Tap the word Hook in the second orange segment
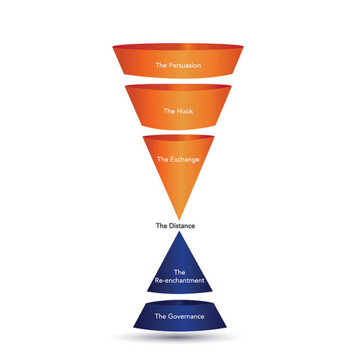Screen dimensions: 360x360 tap(184, 111)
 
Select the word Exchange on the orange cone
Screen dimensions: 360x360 tap(185, 160)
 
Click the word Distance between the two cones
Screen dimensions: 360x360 tap(182, 226)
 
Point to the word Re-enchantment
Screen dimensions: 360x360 tap(179, 280)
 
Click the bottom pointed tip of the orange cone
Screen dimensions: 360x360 tap(179, 220)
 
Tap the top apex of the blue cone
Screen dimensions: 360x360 tap(179, 232)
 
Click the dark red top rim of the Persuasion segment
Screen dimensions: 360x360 tap(178, 46)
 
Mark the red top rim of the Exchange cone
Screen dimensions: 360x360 tap(179, 138)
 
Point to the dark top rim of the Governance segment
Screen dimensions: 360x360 tap(179, 303)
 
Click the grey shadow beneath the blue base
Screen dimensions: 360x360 tap(178, 337)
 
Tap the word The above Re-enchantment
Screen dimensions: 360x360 tap(179, 272)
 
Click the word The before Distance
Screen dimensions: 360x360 tap(161, 226)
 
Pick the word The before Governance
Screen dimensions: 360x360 tap(161, 316)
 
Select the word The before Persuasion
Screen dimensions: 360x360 tap(161, 66)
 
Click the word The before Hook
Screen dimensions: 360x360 tap(169, 111)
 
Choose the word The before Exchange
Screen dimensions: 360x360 tap(163, 159)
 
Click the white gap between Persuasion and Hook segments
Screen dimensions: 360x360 tap(178, 81)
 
